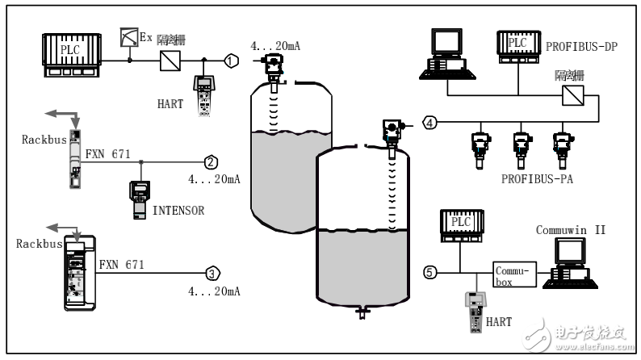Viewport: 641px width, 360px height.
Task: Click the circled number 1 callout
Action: pyautogui.click(x=232, y=60)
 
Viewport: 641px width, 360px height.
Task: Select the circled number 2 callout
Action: pyautogui.click(x=209, y=161)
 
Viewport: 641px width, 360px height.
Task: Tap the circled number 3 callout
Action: pyautogui.click(x=211, y=273)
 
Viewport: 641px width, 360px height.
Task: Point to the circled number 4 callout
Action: pyautogui.click(x=430, y=123)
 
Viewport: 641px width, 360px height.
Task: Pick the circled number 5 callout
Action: pyautogui.click(x=430, y=272)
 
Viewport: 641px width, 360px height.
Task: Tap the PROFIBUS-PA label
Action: pyautogui.click(x=536, y=178)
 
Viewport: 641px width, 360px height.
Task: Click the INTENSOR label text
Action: pyautogui.click(x=178, y=212)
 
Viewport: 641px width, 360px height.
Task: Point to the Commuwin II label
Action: pyautogui.click(x=570, y=231)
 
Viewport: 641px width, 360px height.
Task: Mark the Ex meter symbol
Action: pyautogui.click(x=128, y=36)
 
